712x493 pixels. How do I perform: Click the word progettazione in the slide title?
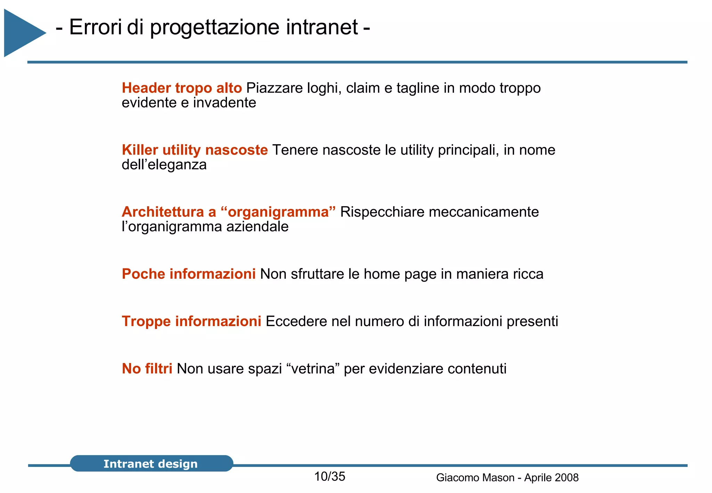pyautogui.click(x=215, y=28)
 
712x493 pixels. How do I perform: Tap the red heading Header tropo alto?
pyautogui.click(x=181, y=88)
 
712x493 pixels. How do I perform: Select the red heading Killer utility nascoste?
pyautogui.click(x=195, y=150)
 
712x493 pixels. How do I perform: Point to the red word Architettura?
pyautogui.click(x=163, y=212)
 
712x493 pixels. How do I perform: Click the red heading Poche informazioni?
pyautogui.click(x=189, y=274)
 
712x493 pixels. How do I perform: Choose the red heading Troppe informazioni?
pyautogui.click(x=191, y=321)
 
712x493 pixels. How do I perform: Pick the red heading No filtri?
pyautogui.click(x=147, y=369)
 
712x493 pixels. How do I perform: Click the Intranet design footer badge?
pyautogui.click(x=151, y=463)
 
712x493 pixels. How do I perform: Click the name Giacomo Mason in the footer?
pyautogui.click(x=475, y=478)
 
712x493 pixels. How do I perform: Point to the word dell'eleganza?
pyautogui.click(x=164, y=165)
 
